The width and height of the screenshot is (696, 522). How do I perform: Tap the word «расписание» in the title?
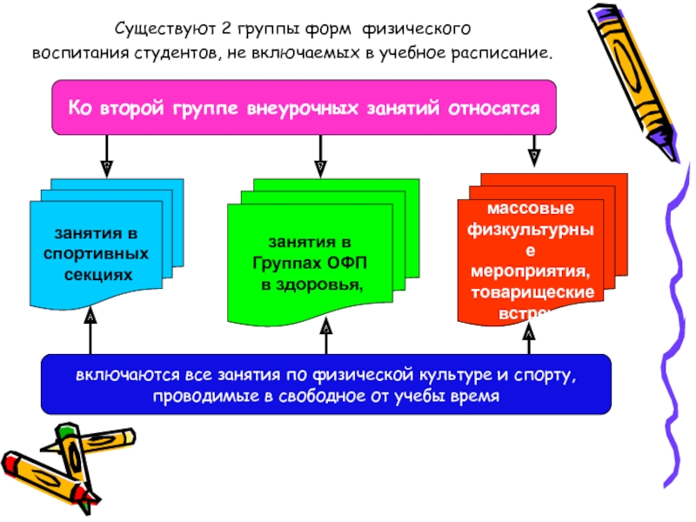(x=499, y=52)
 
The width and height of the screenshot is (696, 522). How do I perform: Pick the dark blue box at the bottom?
(x=325, y=384)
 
